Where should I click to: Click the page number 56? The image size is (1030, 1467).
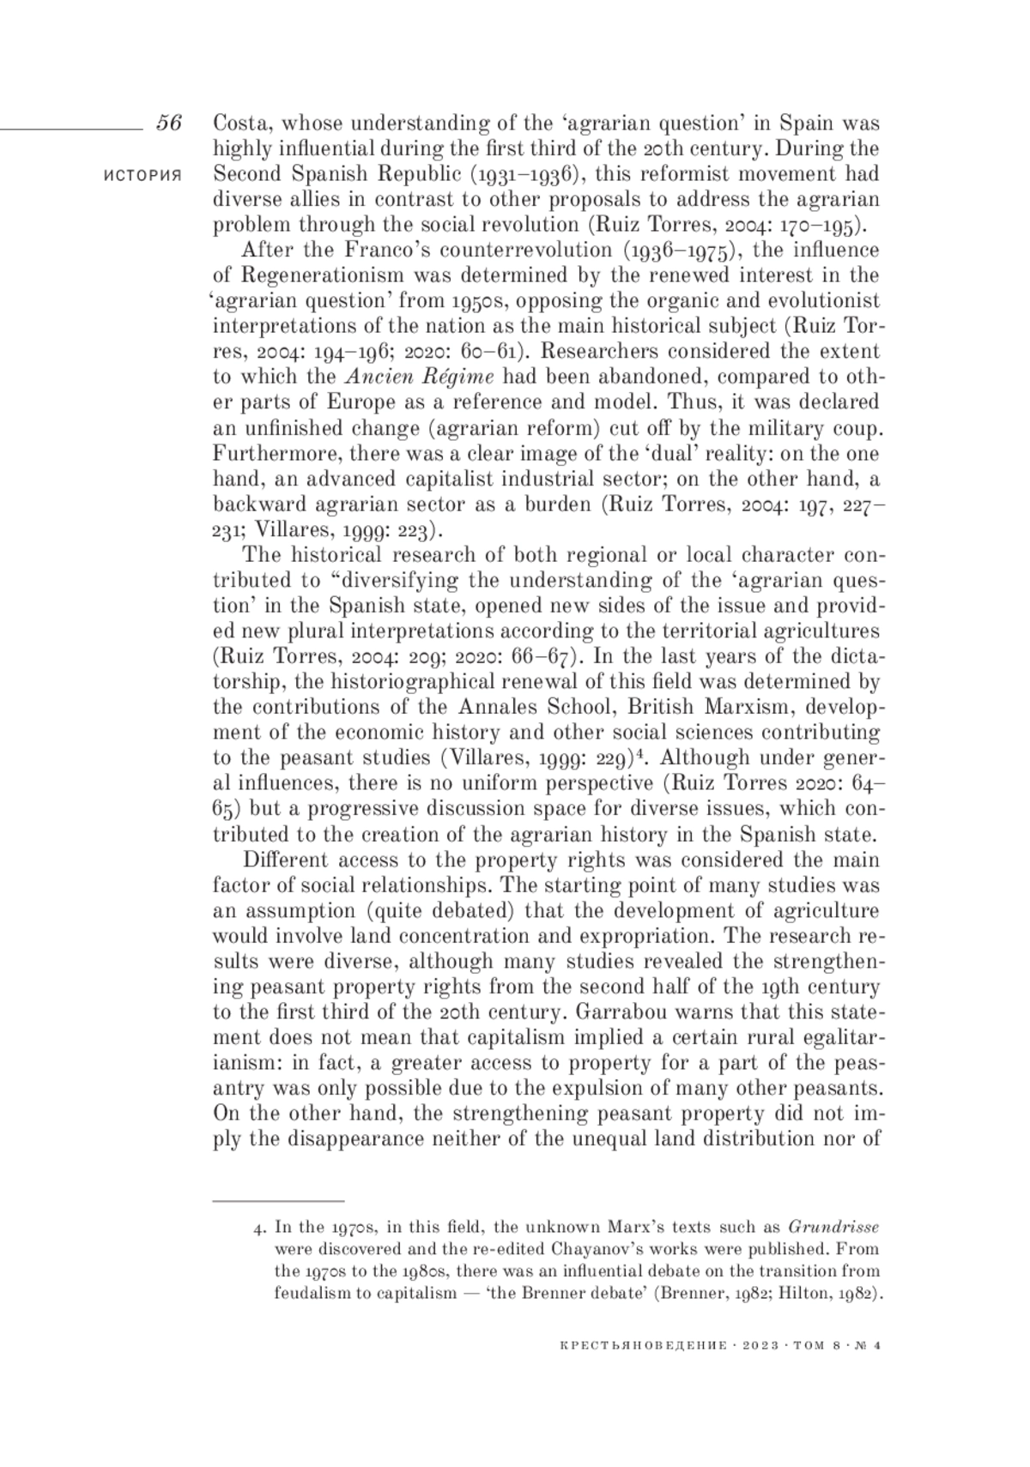[x=169, y=123]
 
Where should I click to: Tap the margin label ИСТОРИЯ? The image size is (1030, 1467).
[x=142, y=174]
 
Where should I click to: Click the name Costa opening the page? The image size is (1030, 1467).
[x=239, y=123]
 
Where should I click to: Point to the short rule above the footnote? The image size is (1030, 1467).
[x=278, y=1200]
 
